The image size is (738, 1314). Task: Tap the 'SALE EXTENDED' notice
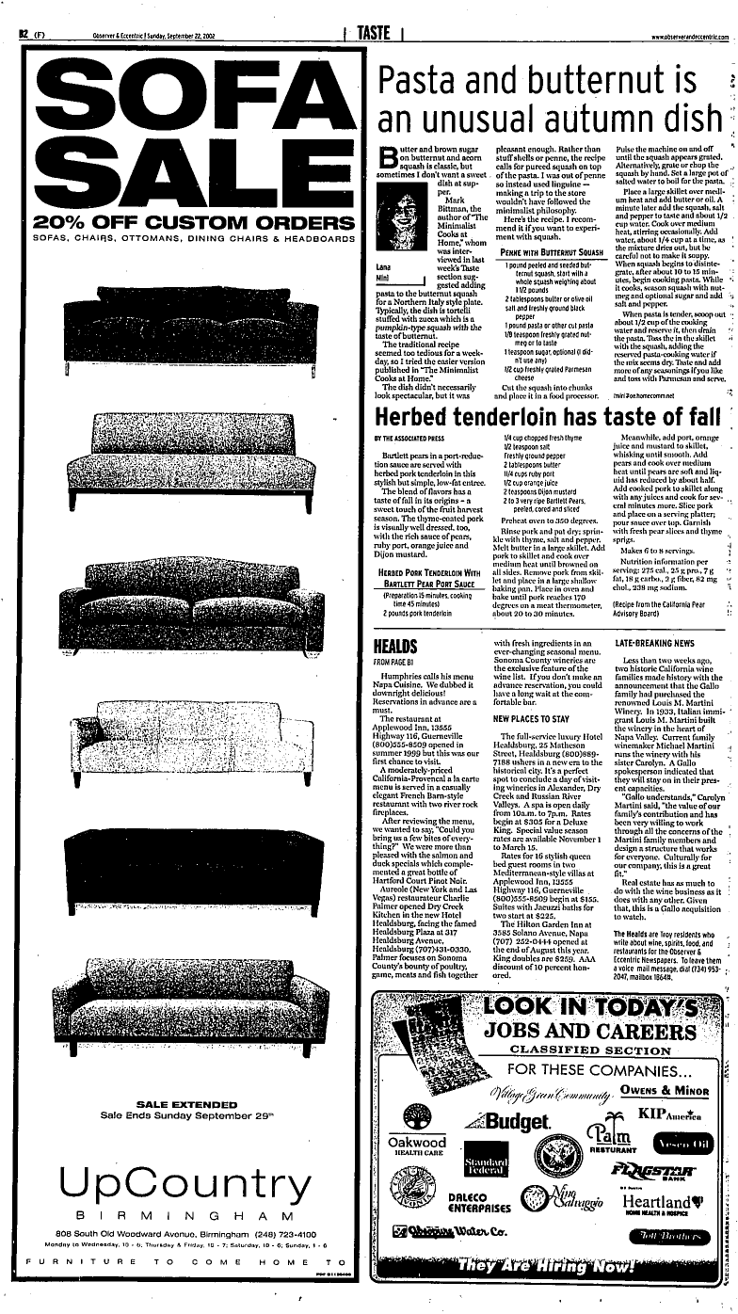click(x=183, y=1104)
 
